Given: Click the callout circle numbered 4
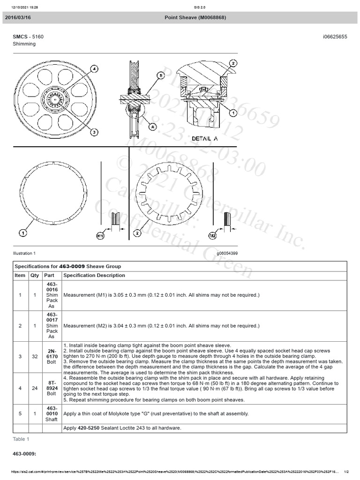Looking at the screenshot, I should [94, 69].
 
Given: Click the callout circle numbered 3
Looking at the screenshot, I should [94, 132].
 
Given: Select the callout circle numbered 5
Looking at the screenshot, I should [160, 75].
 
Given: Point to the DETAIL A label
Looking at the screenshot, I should [204, 139].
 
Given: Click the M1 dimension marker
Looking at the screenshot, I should [100, 236].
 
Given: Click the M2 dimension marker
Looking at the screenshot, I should [212, 236].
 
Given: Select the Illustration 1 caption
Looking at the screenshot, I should [24, 253].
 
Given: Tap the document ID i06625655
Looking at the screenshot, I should [335, 37].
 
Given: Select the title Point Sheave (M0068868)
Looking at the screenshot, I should [195, 17].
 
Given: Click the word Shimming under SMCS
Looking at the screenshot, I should [24, 44].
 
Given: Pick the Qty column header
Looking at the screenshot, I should [35, 276].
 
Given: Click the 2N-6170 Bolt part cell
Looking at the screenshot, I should [52, 356].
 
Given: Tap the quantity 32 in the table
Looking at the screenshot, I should [35, 356].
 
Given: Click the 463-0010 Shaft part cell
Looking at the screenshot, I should [52, 413].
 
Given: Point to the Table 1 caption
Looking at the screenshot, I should [21, 439].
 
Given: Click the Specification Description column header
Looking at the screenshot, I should [94, 276].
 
